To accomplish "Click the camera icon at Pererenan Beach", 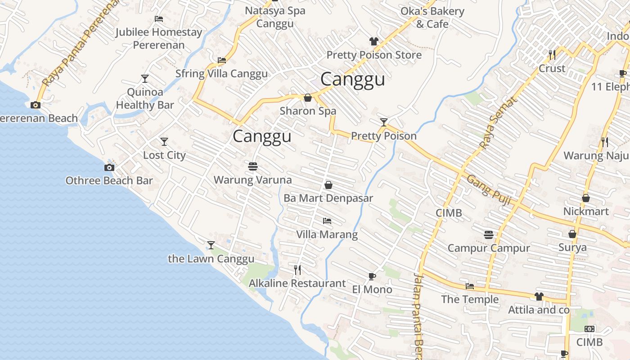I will [35, 105].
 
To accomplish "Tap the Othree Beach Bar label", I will [109, 180].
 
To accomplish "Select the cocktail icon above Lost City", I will [164, 142].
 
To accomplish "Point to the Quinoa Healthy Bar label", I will [145, 99].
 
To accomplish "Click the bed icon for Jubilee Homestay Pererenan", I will [158, 19].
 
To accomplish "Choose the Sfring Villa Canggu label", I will [221, 73].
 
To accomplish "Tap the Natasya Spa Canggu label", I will [275, 17].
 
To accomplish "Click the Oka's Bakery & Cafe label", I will [432, 17].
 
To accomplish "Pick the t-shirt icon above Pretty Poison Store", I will [373, 41].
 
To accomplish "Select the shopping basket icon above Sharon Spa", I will [308, 98].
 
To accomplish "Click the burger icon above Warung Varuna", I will [252, 166].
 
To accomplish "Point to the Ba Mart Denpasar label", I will [328, 198].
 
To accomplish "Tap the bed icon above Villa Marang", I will [327, 221].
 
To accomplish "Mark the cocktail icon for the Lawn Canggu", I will [211, 245].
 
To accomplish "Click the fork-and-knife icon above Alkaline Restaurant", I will [297, 270].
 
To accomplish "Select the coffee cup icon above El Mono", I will [372, 276].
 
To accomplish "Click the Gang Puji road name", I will [489, 190].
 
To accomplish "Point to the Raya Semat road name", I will [498, 123].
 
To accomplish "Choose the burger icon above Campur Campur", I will [489, 234].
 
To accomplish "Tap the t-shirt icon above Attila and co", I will [539, 297].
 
